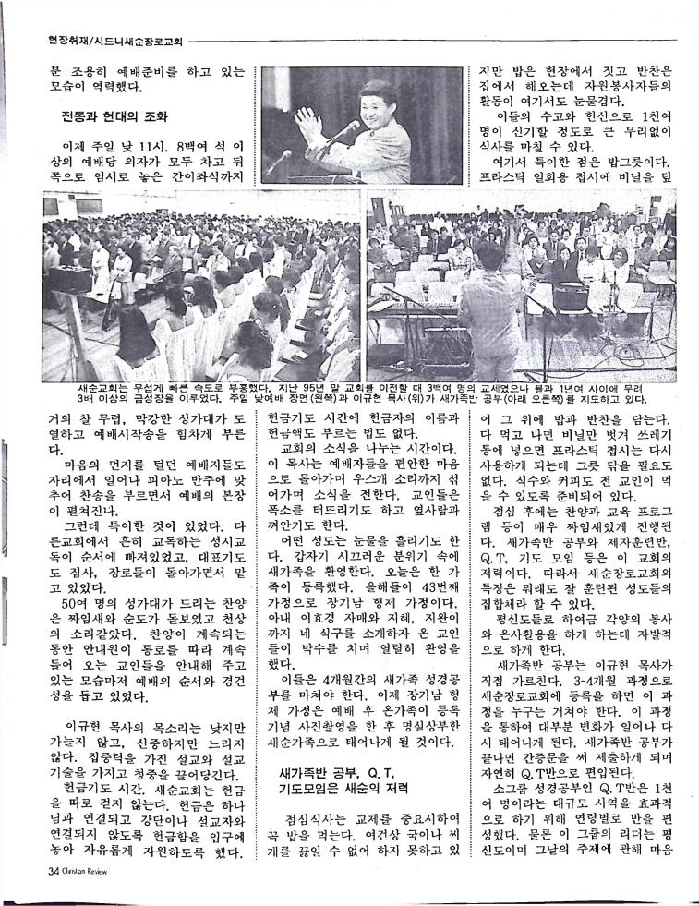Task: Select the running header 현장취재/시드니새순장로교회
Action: click(116, 40)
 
